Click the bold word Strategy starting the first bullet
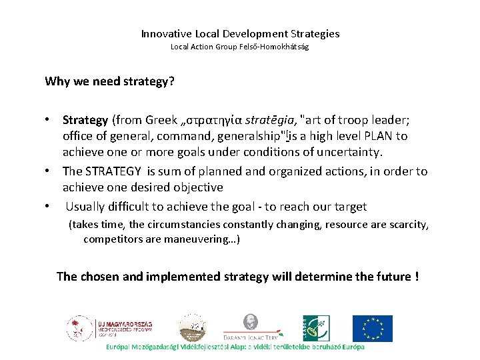tap(85, 120)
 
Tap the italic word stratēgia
tap(270, 120)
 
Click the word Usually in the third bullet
tap(85, 207)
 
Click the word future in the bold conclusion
tap(387, 276)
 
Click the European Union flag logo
tap(372, 328)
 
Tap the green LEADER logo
tap(316, 328)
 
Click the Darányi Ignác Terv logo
tap(251, 327)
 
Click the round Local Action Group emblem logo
tap(187, 329)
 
